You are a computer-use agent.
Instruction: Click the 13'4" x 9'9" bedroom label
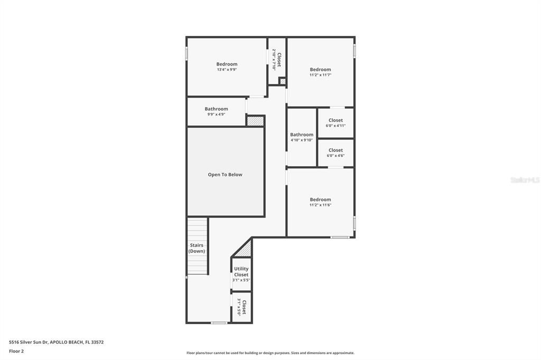point(227,67)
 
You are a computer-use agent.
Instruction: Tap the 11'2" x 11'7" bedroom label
point(320,72)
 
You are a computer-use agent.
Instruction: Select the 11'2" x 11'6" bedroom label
point(320,202)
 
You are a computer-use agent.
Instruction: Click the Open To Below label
point(225,175)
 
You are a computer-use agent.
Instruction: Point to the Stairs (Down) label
point(197,248)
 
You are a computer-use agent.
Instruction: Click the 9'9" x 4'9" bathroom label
point(216,111)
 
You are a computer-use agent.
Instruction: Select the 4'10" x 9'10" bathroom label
point(302,137)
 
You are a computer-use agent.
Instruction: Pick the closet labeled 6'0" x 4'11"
point(335,122)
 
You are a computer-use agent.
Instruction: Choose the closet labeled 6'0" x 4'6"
point(335,153)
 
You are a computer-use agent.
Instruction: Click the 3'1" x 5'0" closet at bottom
point(242,307)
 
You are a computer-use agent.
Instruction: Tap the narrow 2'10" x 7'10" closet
point(277,60)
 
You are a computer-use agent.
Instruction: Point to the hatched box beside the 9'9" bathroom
point(255,121)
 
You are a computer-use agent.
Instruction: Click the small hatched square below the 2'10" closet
point(283,81)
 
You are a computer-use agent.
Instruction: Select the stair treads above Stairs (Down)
point(198,230)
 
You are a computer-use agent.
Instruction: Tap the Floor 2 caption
point(16,351)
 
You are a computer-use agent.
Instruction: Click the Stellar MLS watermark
point(525,180)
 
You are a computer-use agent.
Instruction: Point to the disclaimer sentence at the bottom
point(270,353)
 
